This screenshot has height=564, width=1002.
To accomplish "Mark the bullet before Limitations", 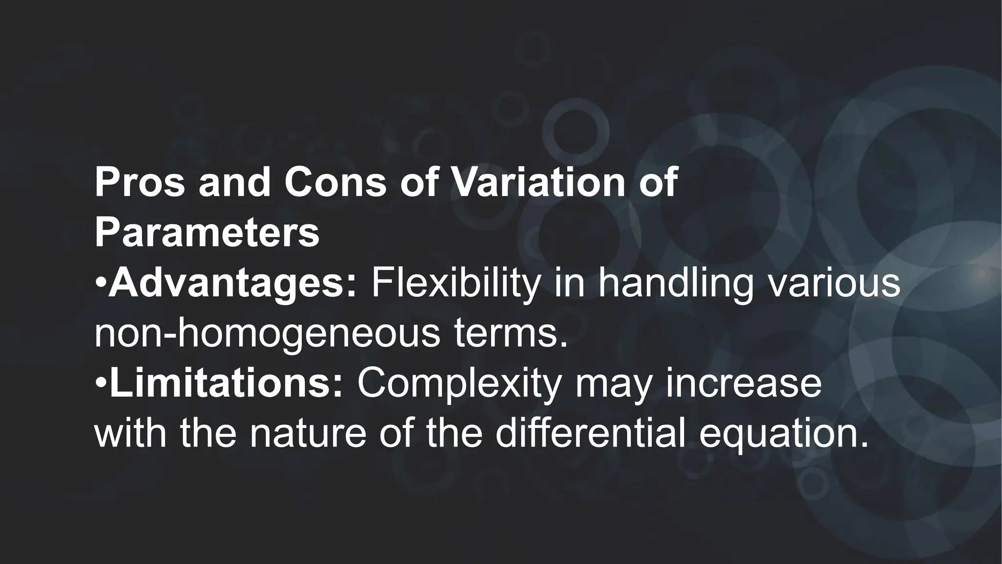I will click(100, 385).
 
